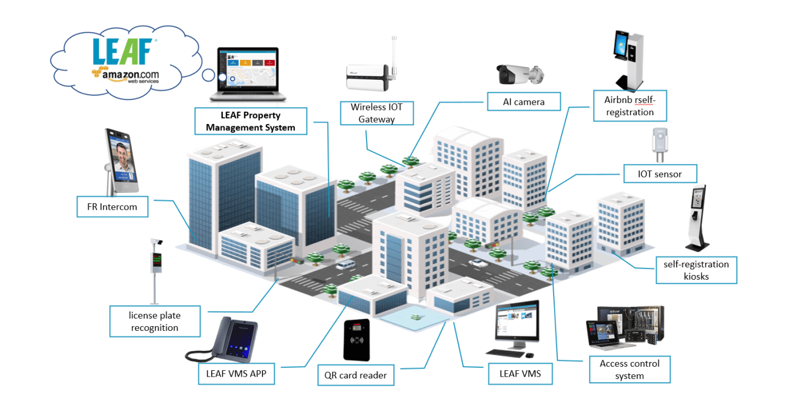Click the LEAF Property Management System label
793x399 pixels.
[x=251, y=121]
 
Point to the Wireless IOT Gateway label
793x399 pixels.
[x=376, y=113]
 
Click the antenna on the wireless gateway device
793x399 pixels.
[x=392, y=56]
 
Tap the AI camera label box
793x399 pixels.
[x=524, y=102]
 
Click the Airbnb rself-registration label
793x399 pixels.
[x=629, y=106]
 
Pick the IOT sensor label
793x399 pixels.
[x=659, y=174]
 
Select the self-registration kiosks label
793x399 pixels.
[x=696, y=270]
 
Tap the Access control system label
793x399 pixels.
[x=629, y=370]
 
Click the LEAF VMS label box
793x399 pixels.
[x=520, y=373]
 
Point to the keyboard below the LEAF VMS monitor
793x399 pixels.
[x=506, y=353]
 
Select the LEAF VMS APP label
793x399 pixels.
[x=236, y=373]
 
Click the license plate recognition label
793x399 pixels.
[x=155, y=321]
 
